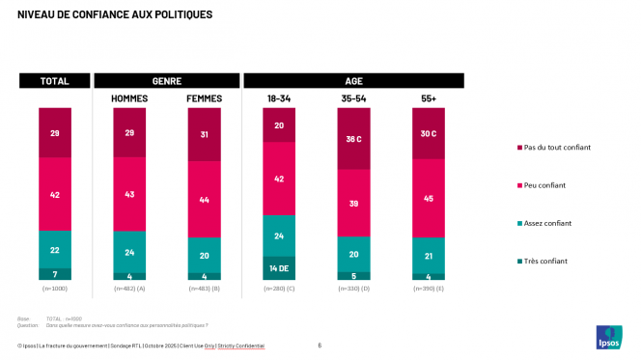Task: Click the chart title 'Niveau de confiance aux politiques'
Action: click(x=115, y=15)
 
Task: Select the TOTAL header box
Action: click(x=54, y=81)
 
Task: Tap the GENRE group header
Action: click(x=167, y=81)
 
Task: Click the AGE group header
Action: click(x=353, y=81)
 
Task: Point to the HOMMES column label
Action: click(x=129, y=98)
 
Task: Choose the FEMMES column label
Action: click(x=204, y=98)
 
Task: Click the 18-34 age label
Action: click(x=279, y=98)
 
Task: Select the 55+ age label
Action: click(x=428, y=98)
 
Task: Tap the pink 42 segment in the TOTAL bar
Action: click(x=54, y=194)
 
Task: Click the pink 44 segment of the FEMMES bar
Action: click(x=204, y=199)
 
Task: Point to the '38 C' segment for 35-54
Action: click(x=353, y=138)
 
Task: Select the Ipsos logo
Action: click(x=610, y=338)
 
